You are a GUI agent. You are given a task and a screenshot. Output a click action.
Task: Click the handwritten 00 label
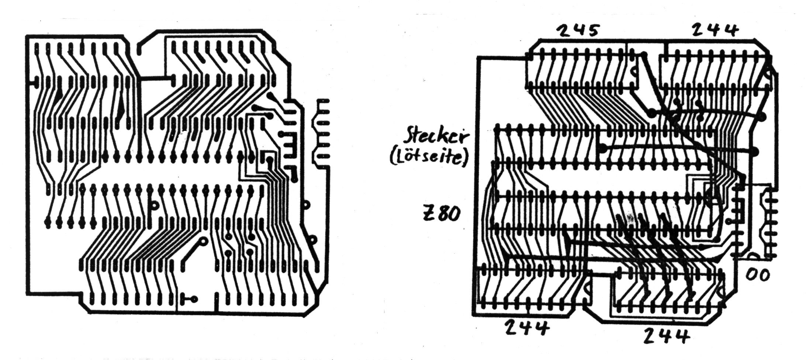pyautogui.click(x=758, y=275)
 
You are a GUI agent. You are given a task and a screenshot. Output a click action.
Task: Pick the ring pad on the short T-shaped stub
pyautogui.click(x=193, y=299)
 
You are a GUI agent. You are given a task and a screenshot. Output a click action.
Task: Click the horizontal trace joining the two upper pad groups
pyautogui.click(x=155, y=78)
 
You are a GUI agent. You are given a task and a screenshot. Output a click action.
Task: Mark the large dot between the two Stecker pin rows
pyautogui.click(x=603, y=148)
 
